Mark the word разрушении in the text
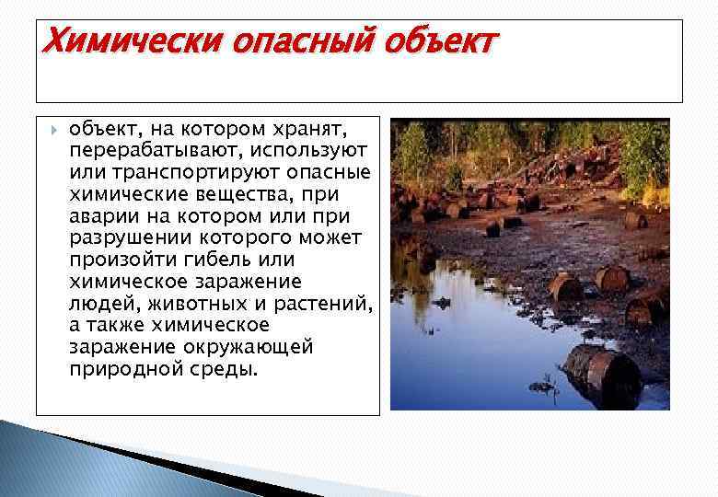122,238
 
